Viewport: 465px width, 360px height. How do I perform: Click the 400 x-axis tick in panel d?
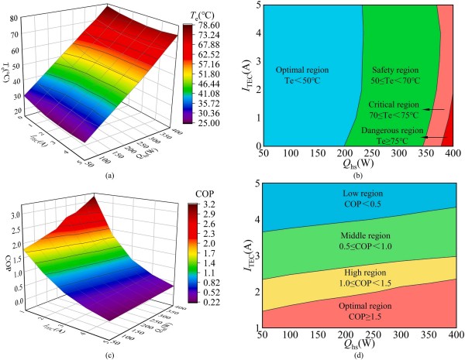[452, 338]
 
